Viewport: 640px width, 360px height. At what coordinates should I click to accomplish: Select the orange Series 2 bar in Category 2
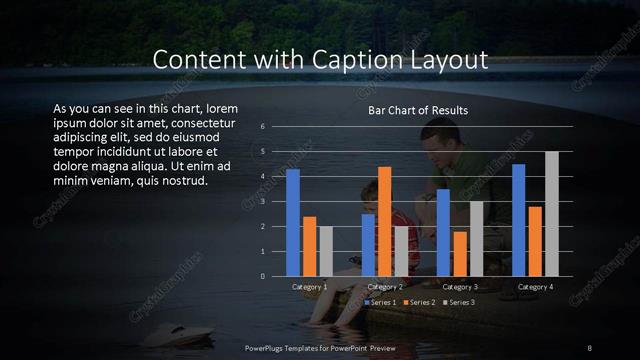click(x=384, y=221)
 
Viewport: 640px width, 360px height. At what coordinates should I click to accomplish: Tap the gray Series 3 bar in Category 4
click(x=551, y=214)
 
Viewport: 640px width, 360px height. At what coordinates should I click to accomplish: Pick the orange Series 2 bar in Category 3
click(x=459, y=253)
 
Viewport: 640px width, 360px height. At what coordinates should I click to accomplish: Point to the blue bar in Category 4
click(x=518, y=220)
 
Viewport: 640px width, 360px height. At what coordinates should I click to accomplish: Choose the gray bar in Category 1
click(x=326, y=251)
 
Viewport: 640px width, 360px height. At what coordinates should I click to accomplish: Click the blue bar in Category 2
click(x=368, y=245)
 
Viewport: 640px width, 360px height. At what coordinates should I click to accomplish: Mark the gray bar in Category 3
click(x=476, y=238)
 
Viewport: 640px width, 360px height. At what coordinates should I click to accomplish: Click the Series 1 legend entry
click(x=382, y=302)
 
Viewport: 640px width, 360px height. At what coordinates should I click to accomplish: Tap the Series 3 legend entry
click(x=458, y=302)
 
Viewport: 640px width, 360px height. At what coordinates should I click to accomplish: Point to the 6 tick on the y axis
click(x=262, y=127)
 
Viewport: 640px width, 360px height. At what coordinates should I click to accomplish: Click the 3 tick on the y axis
click(x=262, y=201)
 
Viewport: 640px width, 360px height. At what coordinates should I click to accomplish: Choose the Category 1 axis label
click(x=309, y=287)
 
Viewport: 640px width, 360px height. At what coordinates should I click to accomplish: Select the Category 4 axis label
click(x=535, y=287)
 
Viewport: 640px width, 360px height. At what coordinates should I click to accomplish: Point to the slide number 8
click(x=589, y=347)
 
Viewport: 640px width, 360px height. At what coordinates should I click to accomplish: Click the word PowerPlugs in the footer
click(x=267, y=347)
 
